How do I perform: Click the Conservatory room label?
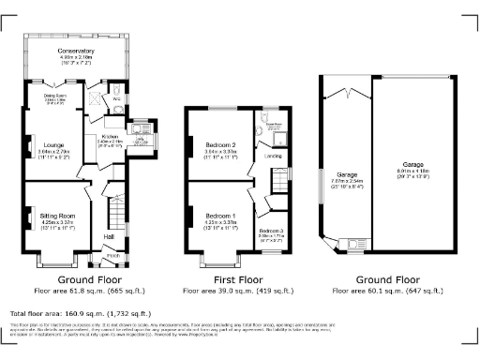(x=77, y=51)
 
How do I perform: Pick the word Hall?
(x=109, y=237)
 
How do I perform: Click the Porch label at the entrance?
(x=113, y=254)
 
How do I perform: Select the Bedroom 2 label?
(x=220, y=143)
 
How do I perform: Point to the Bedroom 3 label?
(x=272, y=230)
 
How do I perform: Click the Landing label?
(x=274, y=157)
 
